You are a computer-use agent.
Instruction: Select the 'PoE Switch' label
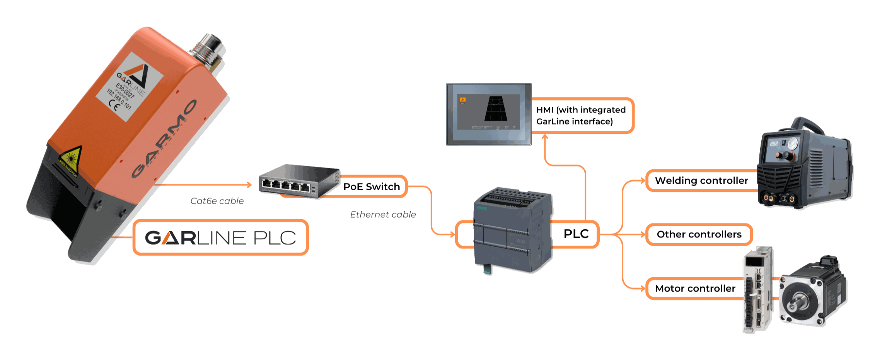point(372,187)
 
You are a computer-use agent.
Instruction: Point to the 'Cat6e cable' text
point(217,201)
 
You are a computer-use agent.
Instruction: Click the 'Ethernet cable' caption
point(383,215)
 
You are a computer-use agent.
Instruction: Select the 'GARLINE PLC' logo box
point(220,237)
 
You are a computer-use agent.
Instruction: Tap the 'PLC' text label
point(577,234)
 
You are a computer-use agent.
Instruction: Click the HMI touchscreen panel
point(488,114)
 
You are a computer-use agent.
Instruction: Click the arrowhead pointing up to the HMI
point(545,137)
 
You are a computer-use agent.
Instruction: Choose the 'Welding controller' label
point(701,181)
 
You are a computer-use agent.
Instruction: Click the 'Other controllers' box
point(699,234)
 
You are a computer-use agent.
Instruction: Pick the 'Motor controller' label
point(695,288)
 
